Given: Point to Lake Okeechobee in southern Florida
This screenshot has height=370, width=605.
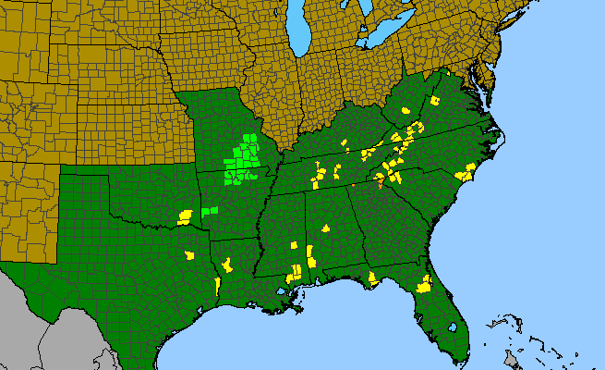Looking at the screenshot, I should point(453,327).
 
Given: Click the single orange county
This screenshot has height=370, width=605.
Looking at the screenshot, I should point(380,181).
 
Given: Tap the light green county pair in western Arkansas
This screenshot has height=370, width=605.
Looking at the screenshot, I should point(211,212).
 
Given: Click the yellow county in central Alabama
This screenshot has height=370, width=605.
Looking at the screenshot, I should point(325,227).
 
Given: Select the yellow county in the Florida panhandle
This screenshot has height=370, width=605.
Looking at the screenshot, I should point(371,277).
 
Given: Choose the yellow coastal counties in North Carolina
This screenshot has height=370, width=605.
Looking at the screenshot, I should point(465,172).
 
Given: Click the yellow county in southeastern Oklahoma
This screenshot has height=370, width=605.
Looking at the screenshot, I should point(185,217).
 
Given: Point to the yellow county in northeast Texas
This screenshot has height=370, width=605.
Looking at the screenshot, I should point(189,254).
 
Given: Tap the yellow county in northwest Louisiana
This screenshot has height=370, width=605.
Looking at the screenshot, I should point(226,265).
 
